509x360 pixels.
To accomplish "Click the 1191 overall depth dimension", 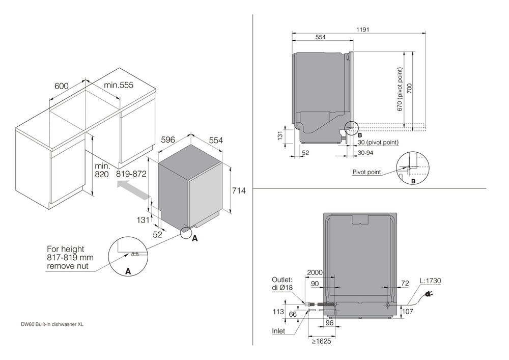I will [362, 30].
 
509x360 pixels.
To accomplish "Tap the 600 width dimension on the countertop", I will [62, 87].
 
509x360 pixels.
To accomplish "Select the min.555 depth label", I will [119, 86].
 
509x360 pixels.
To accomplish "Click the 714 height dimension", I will [239, 191].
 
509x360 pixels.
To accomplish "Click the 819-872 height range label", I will [131, 174].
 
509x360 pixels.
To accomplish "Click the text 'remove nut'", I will [67, 266].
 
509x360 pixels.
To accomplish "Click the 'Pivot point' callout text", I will [366, 172].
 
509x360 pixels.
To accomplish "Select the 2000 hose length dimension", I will [316, 273].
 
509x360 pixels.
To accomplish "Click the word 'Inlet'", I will [278, 330].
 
